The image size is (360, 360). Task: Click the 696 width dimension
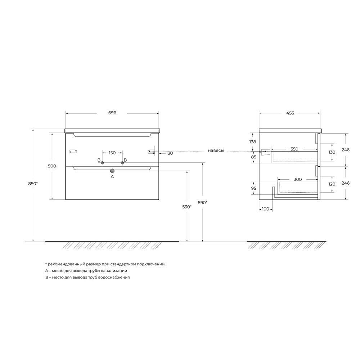[x=112, y=113]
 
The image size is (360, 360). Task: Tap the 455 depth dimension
[x=290, y=113]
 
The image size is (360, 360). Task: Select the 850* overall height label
[x=33, y=184]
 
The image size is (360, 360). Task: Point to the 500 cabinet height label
[x=52, y=166]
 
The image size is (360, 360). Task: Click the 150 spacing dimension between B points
[x=112, y=153]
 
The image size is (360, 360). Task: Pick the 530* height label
[x=187, y=207]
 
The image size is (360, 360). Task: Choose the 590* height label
[x=202, y=202]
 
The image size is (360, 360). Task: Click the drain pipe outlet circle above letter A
[x=112, y=171]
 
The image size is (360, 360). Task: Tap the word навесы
[x=216, y=150]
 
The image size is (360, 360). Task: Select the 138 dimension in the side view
[x=253, y=141]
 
